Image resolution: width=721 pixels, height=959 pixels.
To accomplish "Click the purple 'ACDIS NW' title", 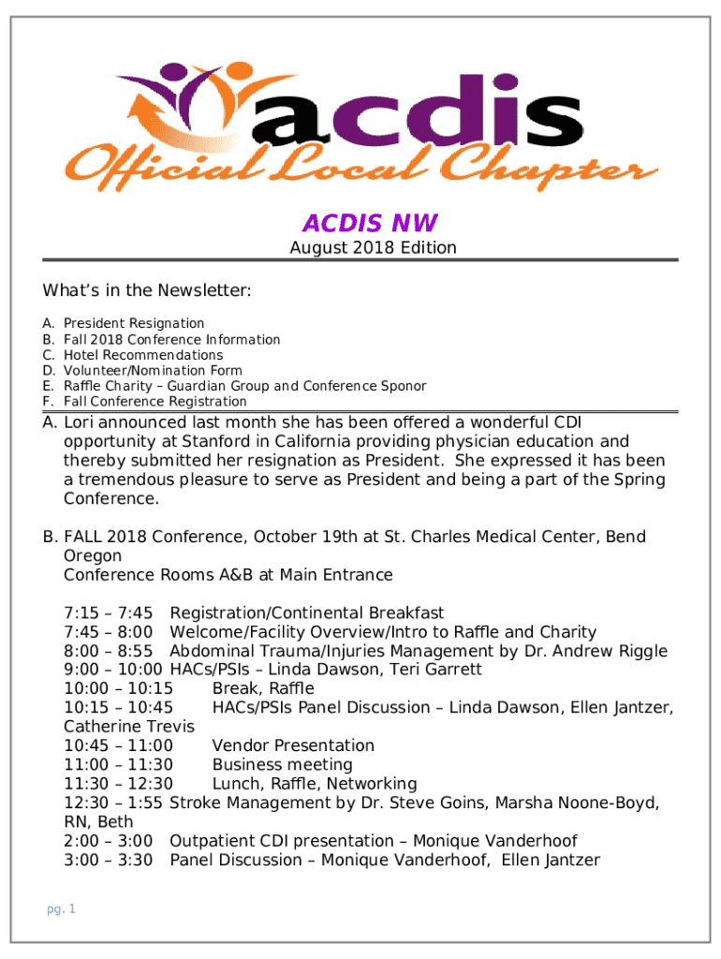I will click(x=369, y=223).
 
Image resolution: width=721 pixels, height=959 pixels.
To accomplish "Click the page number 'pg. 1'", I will click(x=61, y=909).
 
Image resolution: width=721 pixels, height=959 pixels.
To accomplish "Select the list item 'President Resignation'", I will click(x=134, y=323).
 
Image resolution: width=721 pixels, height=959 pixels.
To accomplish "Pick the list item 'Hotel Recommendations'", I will click(x=143, y=355).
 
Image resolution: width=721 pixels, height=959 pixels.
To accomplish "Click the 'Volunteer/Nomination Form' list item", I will click(x=153, y=371).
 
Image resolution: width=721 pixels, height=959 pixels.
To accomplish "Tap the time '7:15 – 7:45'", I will click(x=109, y=613).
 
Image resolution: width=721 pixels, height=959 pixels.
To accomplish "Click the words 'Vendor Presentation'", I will click(x=293, y=745).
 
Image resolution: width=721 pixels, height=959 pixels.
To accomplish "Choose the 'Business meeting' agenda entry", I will click(x=282, y=765).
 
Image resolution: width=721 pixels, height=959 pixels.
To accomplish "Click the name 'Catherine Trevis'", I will click(x=129, y=727).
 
